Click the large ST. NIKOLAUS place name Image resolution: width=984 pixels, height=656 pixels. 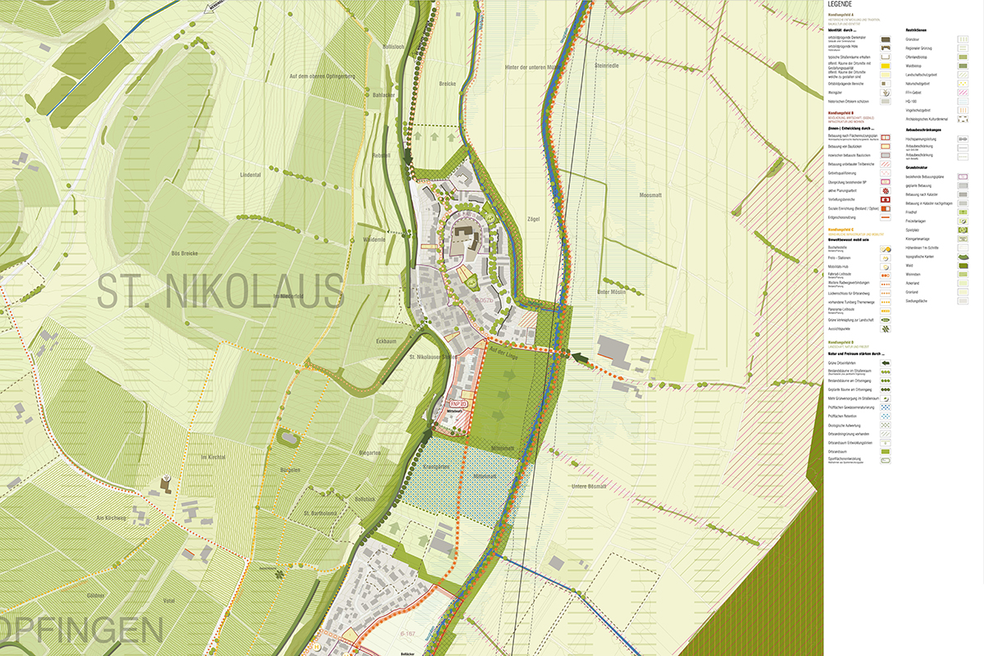click(x=220, y=290)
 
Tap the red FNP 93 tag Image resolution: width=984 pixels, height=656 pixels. click(x=458, y=403)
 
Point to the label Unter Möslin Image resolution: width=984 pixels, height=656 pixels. click(x=613, y=292)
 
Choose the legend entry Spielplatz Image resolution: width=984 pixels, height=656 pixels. click(x=912, y=230)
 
